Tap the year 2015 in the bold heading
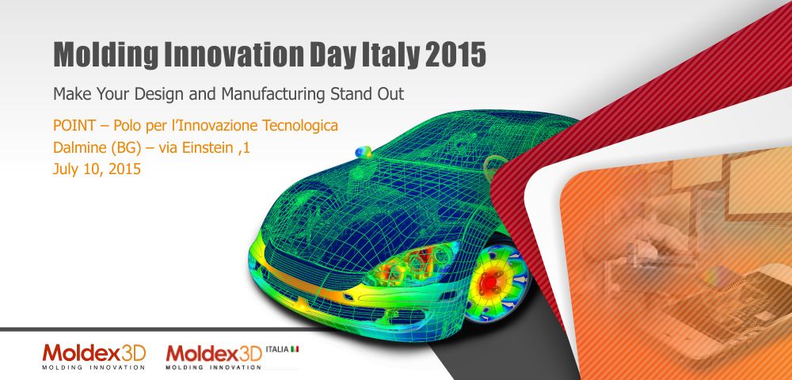[455, 55]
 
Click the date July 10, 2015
[97, 169]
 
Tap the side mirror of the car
[363, 152]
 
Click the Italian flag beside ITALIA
[294, 348]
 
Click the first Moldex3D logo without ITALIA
[94, 356]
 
